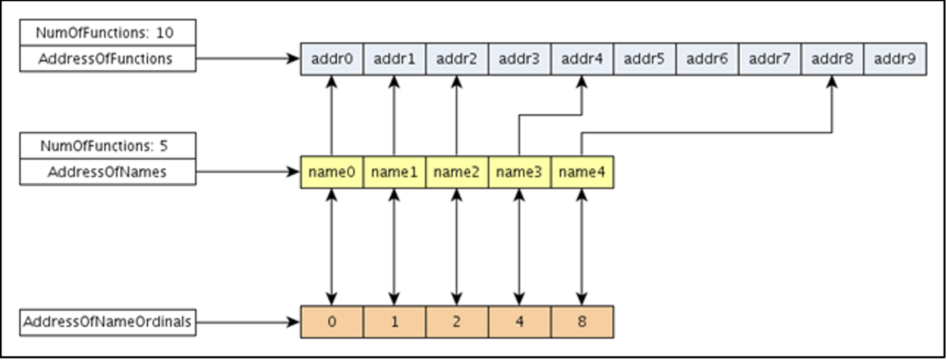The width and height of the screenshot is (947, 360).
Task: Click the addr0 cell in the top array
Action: (331, 59)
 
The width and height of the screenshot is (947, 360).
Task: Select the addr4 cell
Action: (582, 59)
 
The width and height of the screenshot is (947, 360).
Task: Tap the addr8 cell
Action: (832, 59)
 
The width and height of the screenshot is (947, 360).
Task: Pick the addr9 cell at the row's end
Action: (895, 59)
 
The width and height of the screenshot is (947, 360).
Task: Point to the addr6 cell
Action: (707, 59)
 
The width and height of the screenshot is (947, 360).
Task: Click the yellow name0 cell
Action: (331, 172)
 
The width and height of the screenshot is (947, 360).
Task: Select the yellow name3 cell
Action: (519, 172)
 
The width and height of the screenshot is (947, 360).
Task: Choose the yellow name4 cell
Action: (582, 172)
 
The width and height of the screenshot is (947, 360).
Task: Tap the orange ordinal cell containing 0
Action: (331, 322)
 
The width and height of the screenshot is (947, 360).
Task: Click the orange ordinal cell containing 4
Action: (519, 322)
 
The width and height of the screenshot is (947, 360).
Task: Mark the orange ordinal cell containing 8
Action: (582, 322)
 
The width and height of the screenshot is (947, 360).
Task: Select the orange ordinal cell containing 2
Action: (457, 322)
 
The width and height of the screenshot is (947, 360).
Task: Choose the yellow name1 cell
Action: (394, 172)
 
